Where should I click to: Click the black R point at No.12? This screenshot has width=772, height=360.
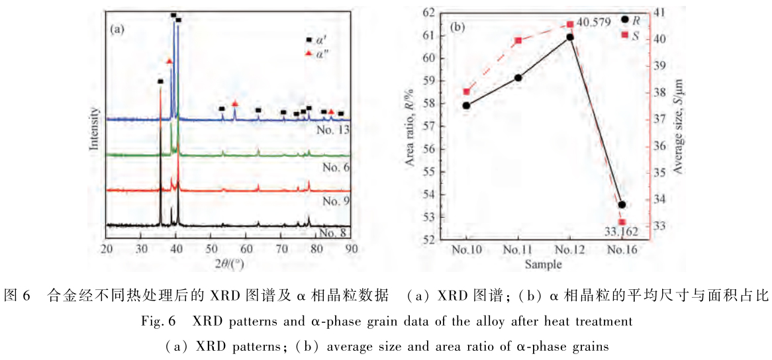tap(570, 37)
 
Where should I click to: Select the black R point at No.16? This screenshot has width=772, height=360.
tap(621, 204)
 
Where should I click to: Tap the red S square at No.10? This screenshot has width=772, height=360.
tap(467, 91)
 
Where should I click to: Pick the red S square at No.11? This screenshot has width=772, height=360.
tap(518, 40)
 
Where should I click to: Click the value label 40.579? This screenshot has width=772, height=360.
tap(592, 22)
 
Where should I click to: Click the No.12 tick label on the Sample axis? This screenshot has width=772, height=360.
tap(569, 249)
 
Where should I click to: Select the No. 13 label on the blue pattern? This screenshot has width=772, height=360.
tap(332, 129)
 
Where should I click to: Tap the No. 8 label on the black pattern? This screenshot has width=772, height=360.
tap(334, 232)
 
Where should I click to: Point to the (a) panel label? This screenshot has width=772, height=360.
tap(118, 29)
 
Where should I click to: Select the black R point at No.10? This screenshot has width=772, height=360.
tap(467, 105)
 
